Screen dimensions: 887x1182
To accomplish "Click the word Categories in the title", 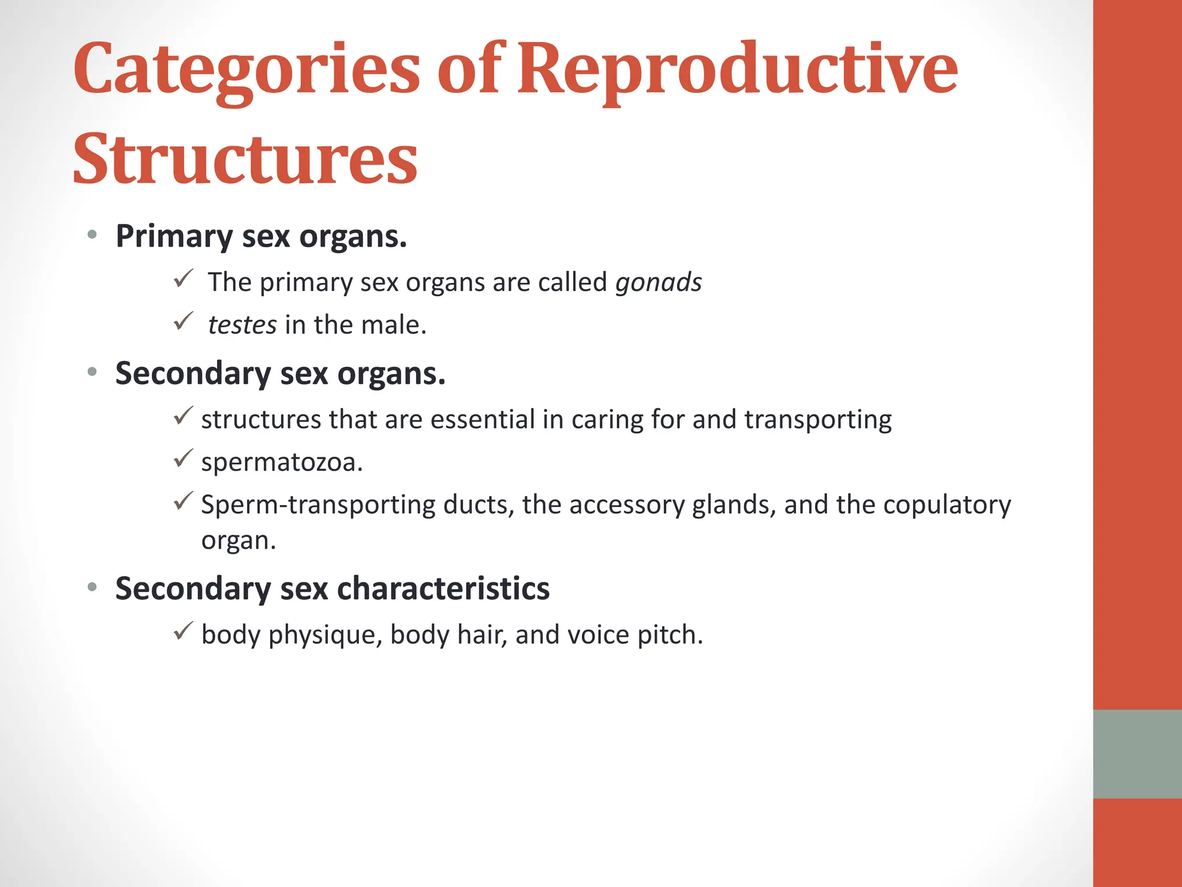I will click(246, 70).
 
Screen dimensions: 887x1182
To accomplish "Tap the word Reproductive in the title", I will click(737, 70).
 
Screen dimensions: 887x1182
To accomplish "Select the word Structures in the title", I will click(245, 159).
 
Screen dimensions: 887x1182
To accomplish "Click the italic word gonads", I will click(659, 282).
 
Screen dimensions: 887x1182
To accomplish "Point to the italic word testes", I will click(242, 325).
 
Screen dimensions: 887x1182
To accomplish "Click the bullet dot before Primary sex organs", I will click(92, 235).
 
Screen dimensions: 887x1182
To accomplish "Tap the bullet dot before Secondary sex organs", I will click(92, 372).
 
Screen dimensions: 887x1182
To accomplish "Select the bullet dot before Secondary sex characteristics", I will click(92, 588).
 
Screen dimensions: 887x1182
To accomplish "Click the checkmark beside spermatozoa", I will click(183, 459).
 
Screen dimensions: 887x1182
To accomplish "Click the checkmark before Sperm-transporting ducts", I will click(183, 501).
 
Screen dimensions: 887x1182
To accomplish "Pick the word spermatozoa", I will click(282, 463).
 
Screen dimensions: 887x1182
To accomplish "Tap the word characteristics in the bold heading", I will click(443, 588).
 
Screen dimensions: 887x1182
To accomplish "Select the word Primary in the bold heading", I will click(174, 237).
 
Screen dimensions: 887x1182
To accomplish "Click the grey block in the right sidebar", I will click(1137, 754).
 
